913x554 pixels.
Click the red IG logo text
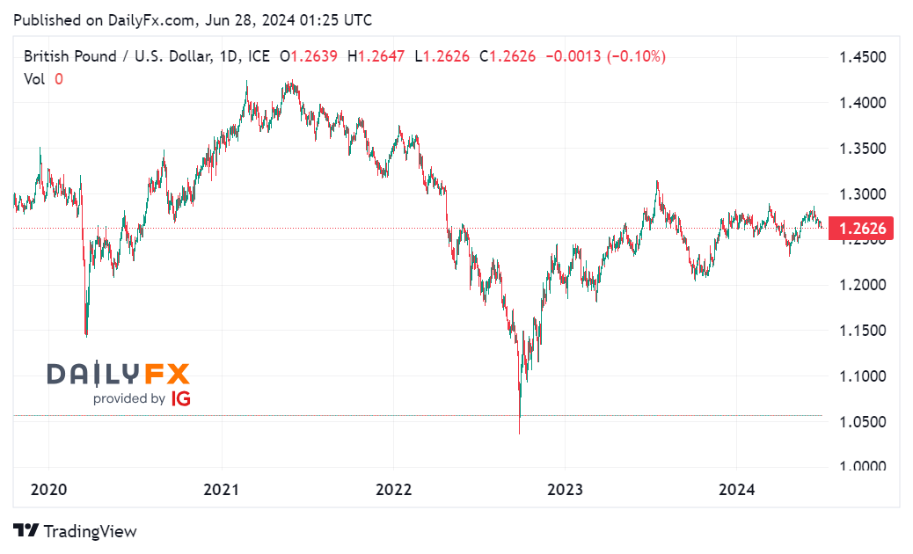click(x=181, y=398)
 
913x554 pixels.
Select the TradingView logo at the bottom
click(x=76, y=531)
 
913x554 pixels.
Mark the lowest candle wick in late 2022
click(x=520, y=433)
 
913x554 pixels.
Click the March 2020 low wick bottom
click(x=85, y=335)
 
